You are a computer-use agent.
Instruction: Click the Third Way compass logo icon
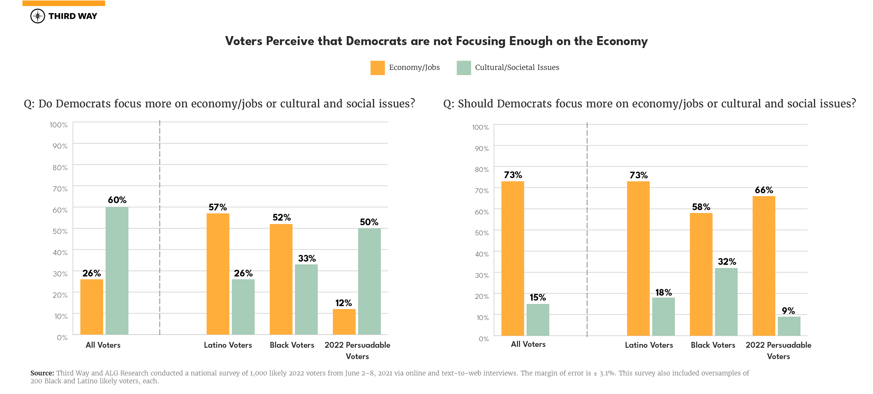38,16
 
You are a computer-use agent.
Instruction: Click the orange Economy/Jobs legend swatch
377,68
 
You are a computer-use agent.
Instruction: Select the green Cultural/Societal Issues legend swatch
464,68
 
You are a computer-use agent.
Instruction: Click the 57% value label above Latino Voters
218,207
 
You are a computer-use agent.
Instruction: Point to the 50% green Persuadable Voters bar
369,281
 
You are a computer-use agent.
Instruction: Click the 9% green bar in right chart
789,326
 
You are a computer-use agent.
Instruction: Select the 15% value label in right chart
538,297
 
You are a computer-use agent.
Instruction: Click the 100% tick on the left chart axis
59,125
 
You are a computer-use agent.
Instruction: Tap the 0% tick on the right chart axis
483,338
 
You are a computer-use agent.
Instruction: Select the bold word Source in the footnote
42,373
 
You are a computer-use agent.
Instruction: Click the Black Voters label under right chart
713,345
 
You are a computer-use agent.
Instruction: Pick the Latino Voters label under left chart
228,345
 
